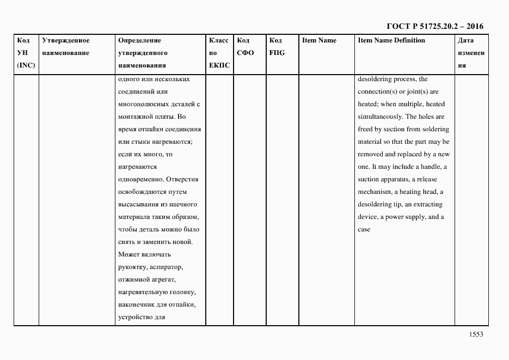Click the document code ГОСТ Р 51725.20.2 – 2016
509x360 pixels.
click(x=434, y=26)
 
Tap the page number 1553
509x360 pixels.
click(x=476, y=335)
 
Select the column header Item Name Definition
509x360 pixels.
click(x=391, y=40)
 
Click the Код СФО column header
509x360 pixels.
click(x=246, y=47)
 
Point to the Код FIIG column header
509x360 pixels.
click(x=277, y=47)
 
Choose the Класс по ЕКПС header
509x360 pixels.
click(x=219, y=53)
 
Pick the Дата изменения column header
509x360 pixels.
click(x=471, y=53)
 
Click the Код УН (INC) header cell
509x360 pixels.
click(x=26, y=53)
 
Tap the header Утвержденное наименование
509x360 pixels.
click(x=65, y=47)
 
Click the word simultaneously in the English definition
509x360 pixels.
click(x=380, y=117)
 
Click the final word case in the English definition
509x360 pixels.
click(x=364, y=229)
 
